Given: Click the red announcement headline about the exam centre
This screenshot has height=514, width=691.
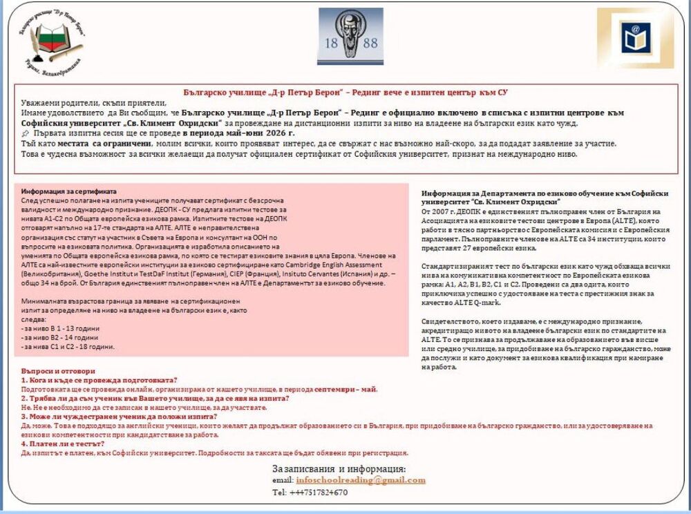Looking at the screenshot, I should click(348, 92).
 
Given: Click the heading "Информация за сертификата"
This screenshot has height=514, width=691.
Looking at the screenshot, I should click(69, 191).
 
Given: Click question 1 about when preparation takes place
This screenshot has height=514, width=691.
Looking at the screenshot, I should click(100, 380).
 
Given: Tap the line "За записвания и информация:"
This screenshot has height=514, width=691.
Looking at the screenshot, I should click(339, 469).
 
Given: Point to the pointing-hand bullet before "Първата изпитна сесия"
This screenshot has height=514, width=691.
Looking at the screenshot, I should click(26, 133).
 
